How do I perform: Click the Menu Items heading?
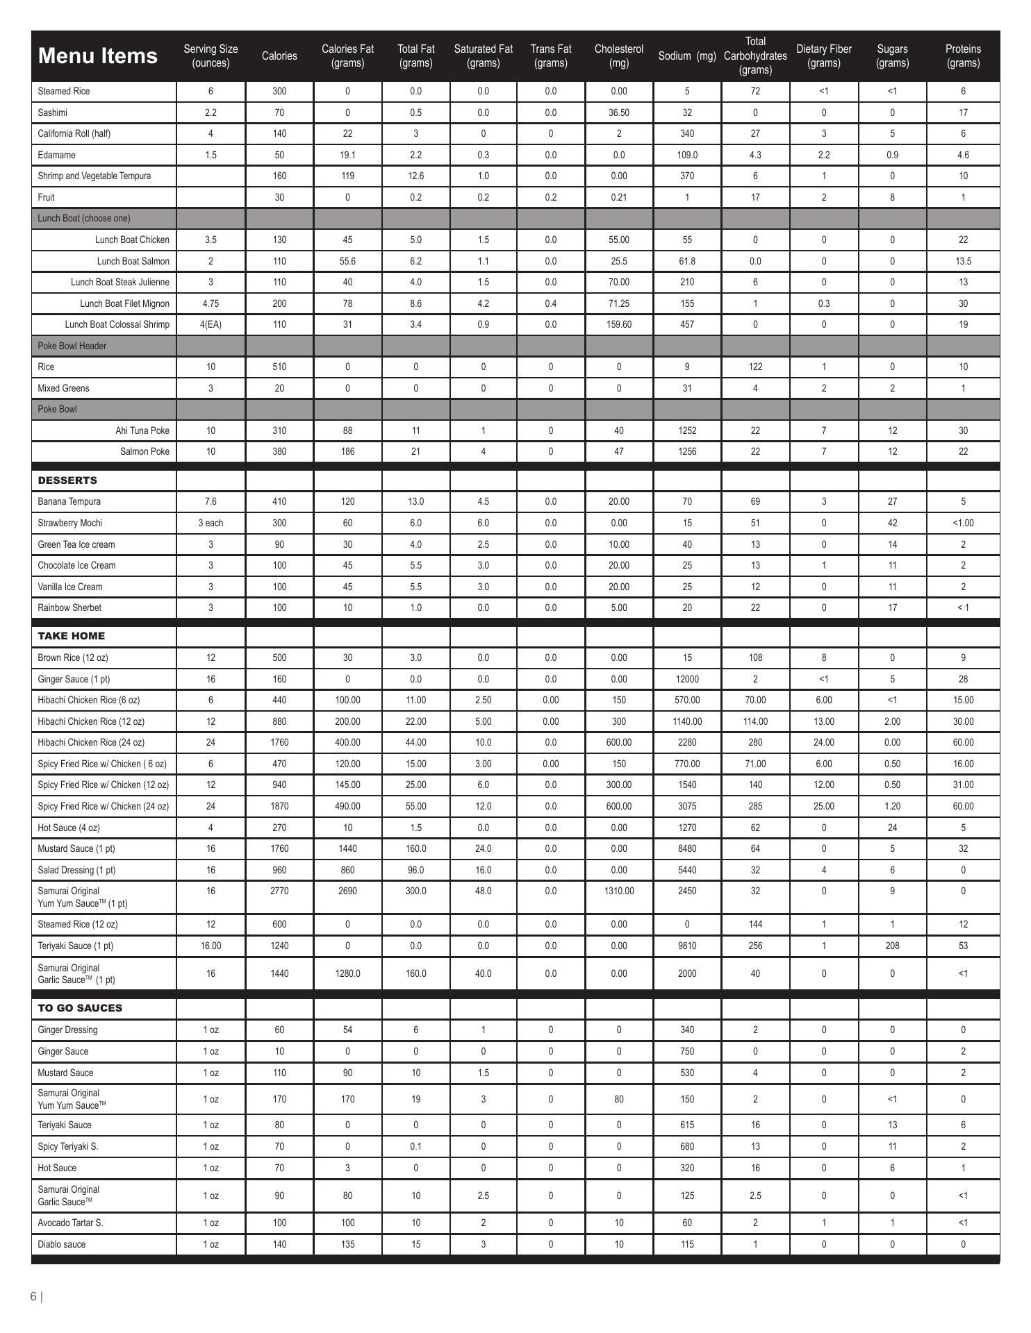[x=97, y=56]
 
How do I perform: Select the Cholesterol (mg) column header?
[x=618, y=56]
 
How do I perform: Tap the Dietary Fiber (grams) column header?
[x=823, y=56]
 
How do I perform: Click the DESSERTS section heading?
[x=67, y=480]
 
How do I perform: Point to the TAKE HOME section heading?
[x=71, y=636]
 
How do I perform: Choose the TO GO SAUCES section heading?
[x=80, y=1008]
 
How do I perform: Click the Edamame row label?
[x=57, y=155]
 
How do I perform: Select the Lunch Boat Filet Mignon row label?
[x=124, y=303]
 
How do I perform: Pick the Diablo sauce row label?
[x=62, y=1244]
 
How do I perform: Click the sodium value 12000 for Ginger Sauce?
[x=686, y=679]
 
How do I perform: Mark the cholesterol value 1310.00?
[x=618, y=891]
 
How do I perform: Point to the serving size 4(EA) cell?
[x=211, y=324]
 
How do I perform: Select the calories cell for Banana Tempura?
[x=279, y=501]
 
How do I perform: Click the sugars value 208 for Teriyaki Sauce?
[x=892, y=946]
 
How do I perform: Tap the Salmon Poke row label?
[x=145, y=451]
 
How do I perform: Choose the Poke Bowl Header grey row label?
[x=72, y=346]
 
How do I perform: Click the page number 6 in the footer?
[x=33, y=1296]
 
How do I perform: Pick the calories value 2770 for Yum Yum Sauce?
[x=279, y=891]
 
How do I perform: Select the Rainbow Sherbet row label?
[x=69, y=607]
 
